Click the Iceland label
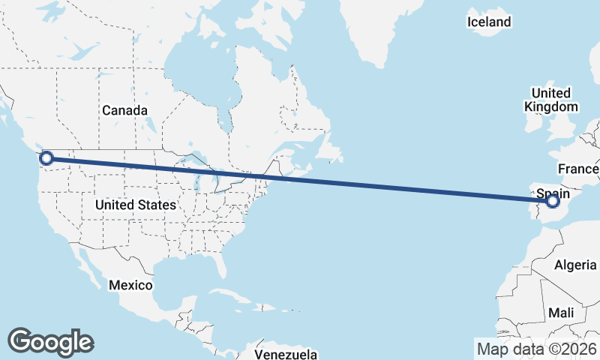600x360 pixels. click(489, 22)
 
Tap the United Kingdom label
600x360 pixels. click(551, 100)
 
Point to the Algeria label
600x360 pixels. click(576, 265)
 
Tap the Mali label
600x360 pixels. click(561, 312)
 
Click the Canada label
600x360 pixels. click(124, 110)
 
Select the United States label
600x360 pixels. click(136, 204)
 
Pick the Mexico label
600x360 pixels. click(130, 285)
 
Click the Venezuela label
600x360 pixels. click(286, 354)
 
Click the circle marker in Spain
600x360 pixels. click(553, 201)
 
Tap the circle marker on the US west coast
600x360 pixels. click(46, 157)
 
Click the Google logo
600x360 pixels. click(50, 341)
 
